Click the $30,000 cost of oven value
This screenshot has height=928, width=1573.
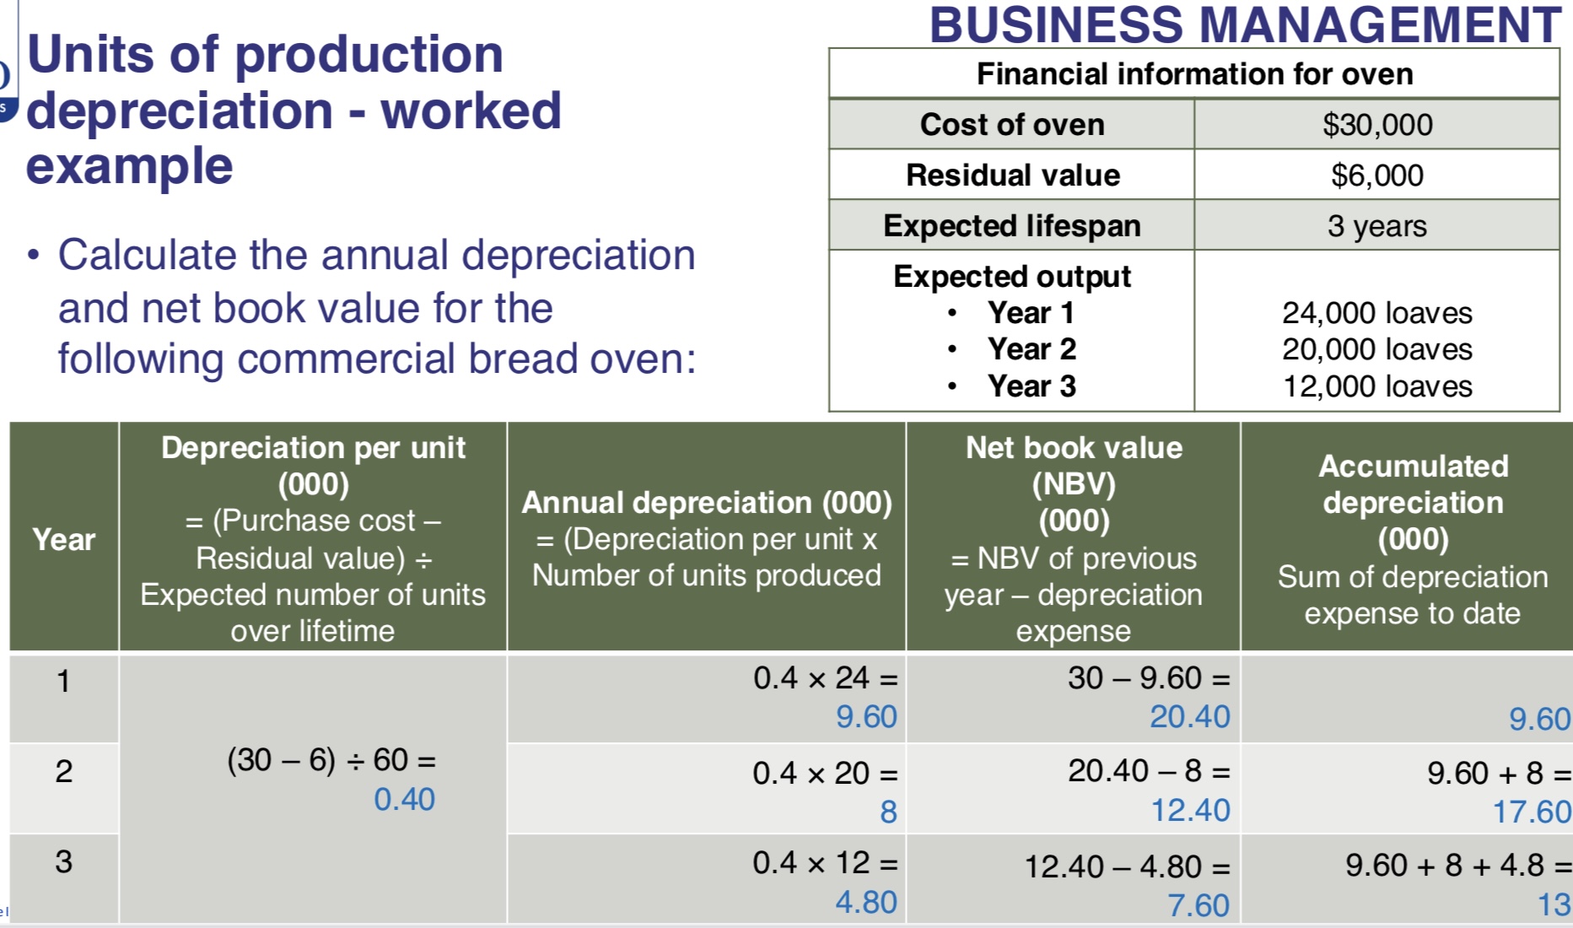[x=1376, y=125]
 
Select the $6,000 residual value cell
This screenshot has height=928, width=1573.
[x=1376, y=175]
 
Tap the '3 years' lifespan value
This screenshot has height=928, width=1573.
[x=1376, y=226]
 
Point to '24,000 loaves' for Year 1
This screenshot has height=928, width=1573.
[x=1376, y=313]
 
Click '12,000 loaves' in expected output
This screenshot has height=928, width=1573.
[x=1376, y=386]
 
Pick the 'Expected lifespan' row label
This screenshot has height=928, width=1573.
[x=1011, y=226]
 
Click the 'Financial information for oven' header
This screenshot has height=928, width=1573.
[x=1194, y=74]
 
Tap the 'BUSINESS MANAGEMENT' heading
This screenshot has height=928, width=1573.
[x=1245, y=24]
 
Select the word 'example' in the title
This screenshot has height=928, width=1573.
[x=129, y=165]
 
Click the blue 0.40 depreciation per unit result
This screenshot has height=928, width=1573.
[x=404, y=799]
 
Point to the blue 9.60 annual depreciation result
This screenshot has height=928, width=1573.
[x=866, y=716]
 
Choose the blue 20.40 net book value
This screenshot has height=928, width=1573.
[x=1189, y=716]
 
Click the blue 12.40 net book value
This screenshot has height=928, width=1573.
[x=1190, y=810]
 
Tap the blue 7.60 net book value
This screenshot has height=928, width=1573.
[x=1198, y=905]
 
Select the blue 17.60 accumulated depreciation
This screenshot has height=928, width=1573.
[x=1531, y=812]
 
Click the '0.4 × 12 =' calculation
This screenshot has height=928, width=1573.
[x=824, y=862]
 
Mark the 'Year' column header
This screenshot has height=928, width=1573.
[x=64, y=539]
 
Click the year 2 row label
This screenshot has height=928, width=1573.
[x=64, y=771]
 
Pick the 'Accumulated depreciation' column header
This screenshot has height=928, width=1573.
[x=1413, y=484]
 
